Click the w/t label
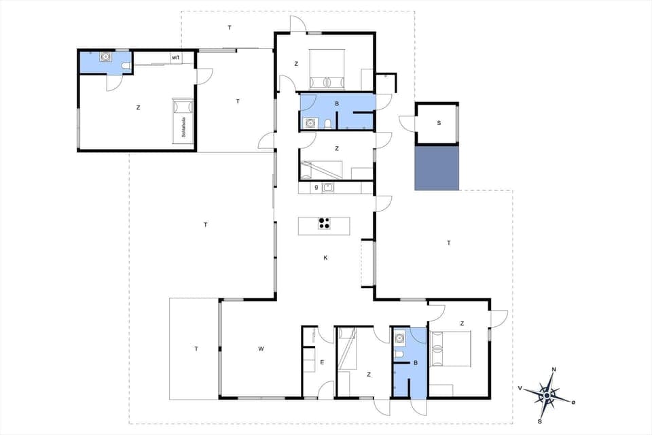[x=175, y=58]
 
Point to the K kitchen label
[x=325, y=258]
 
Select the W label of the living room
[x=261, y=349]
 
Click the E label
[x=322, y=362]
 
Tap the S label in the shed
[x=439, y=123]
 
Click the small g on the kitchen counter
[x=316, y=187]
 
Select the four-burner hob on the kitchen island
[x=324, y=224]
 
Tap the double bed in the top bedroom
[x=328, y=70]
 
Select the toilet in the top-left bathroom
[x=127, y=65]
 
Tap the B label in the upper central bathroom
[x=336, y=103]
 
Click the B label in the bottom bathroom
[x=416, y=363]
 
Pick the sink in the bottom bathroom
[x=400, y=336]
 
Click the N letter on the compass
[x=554, y=370]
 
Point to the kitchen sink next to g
[x=329, y=188]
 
